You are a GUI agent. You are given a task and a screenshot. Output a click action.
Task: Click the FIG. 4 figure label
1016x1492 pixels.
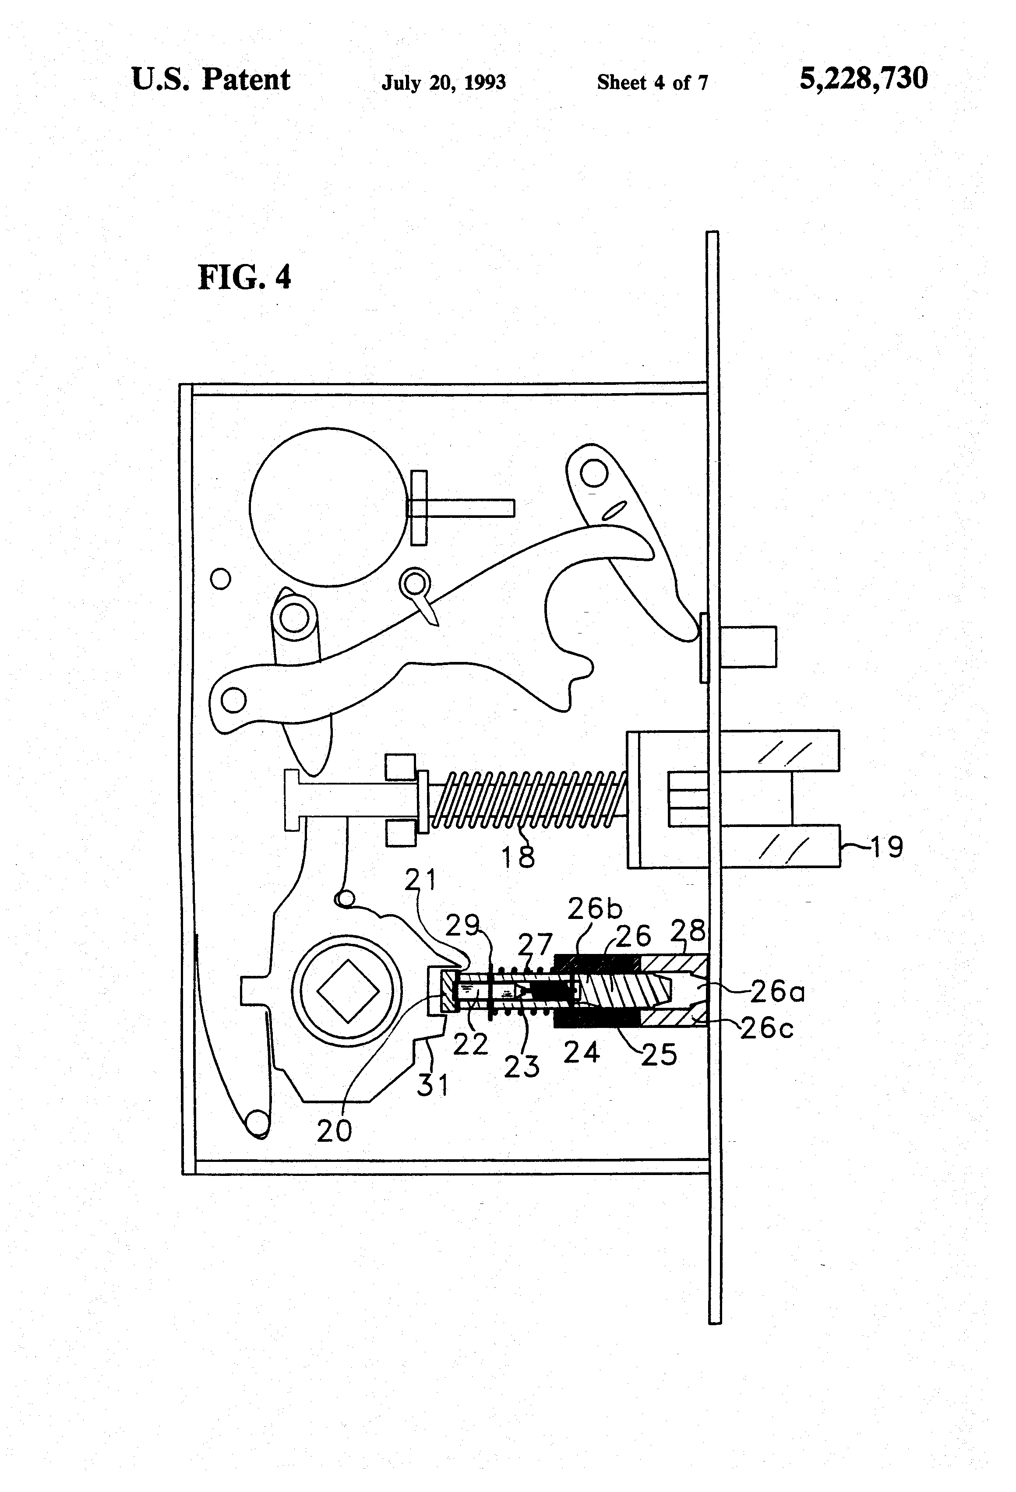click(244, 278)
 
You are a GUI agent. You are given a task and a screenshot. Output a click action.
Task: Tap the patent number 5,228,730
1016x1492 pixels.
click(863, 78)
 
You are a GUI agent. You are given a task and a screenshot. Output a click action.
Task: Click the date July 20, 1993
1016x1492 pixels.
click(443, 82)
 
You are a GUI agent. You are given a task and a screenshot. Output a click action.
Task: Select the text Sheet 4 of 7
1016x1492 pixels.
click(652, 82)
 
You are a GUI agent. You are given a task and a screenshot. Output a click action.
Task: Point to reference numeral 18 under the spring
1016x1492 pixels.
click(518, 856)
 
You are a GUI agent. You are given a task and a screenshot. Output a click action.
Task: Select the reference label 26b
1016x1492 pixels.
click(595, 909)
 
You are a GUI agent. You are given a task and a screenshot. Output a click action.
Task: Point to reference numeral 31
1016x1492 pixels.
click(433, 1085)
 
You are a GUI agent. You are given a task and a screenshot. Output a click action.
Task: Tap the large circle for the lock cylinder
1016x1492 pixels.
click(328, 507)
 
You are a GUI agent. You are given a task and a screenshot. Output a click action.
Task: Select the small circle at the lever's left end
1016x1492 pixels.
click(234, 699)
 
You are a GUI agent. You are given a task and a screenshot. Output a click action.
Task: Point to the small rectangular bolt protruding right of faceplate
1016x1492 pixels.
click(748, 647)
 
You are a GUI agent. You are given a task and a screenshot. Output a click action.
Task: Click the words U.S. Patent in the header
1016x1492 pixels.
click(211, 80)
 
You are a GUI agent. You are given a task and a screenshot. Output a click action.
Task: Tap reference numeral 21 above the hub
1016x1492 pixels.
click(421, 879)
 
